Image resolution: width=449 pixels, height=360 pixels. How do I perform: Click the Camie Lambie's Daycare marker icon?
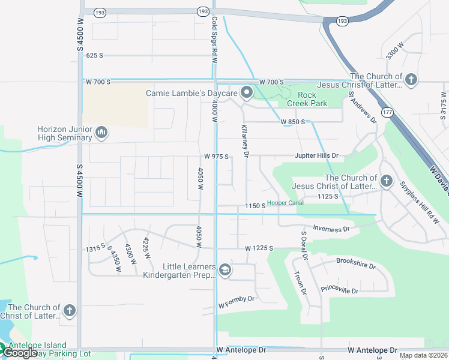(x=246, y=92)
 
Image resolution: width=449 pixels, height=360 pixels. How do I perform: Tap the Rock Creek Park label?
(x=307, y=99)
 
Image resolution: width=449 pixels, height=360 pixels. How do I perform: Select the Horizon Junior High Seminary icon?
(x=101, y=132)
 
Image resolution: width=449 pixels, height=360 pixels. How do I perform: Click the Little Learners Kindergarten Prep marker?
(x=224, y=270)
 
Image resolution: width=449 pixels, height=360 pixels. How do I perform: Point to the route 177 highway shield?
(x=387, y=112)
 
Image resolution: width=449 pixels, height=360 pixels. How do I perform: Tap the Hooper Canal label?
(x=285, y=203)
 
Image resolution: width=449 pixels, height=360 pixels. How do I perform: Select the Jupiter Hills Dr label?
(x=316, y=155)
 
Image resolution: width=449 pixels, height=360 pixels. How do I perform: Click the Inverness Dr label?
(x=331, y=229)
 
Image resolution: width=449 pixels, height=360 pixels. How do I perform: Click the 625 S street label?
(x=95, y=55)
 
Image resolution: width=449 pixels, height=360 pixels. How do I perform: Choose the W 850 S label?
(x=293, y=122)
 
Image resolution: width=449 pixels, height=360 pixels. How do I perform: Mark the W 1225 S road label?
(x=259, y=248)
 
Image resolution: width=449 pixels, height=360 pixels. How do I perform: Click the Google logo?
(x=20, y=353)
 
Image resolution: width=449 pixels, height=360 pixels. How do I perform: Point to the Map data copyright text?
(x=423, y=355)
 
